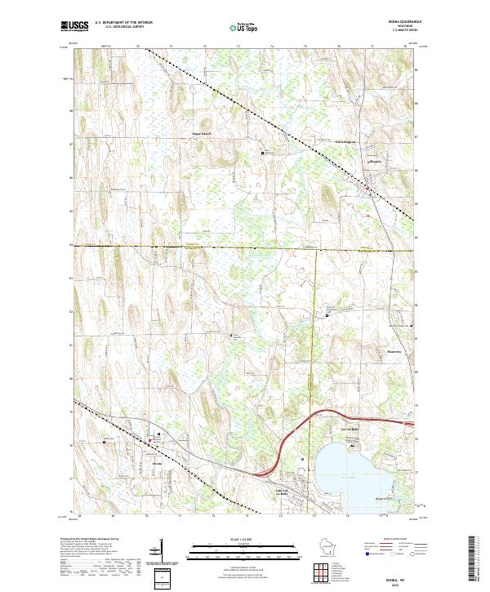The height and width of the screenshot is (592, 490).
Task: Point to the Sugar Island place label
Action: [x=201, y=132]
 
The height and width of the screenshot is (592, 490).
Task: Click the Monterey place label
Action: [x=393, y=353]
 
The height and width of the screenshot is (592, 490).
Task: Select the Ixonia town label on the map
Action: [x=158, y=463]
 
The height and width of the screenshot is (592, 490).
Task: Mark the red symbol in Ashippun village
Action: [x=367, y=189]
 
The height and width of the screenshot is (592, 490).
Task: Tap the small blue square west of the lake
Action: [x=303, y=459]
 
